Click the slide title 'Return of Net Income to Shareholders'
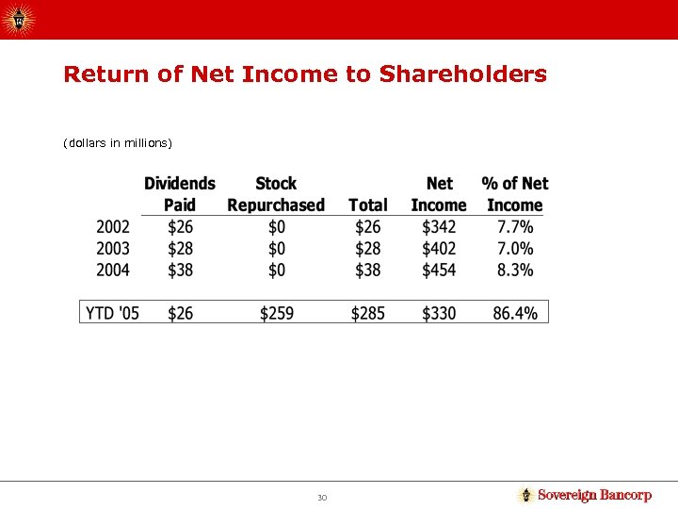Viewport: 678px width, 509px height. (304, 74)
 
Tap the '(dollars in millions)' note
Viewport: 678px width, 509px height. (118, 143)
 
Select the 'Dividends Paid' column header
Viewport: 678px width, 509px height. (179, 194)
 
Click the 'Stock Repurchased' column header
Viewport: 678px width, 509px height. (276, 194)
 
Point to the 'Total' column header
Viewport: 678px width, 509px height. (367, 205)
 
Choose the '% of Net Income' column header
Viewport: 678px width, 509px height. (514, 194)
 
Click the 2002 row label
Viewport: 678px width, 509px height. (113, 227)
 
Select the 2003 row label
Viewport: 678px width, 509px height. (113, 249)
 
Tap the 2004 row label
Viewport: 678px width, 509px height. (113, 271)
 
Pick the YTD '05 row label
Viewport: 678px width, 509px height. (112, 313)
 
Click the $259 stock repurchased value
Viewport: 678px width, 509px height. (276, 313)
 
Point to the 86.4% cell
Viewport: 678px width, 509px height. (514, 313)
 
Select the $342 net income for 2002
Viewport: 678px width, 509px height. (439, 227)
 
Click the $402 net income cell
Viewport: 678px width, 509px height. (439, 249)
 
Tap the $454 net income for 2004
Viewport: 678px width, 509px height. (439, 271)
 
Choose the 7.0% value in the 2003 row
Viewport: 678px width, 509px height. (514, 249)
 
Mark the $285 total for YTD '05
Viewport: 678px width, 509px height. (367, 313)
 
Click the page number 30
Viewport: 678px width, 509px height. (322, 497)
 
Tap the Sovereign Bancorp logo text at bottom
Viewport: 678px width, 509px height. (593, 495)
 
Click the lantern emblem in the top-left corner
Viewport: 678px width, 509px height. (21, 18)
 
